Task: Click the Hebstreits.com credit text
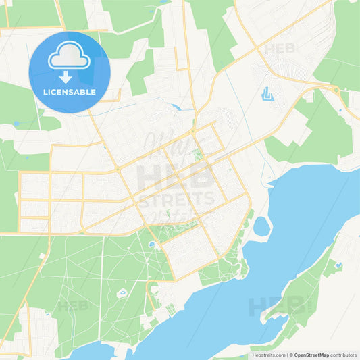point(260,355)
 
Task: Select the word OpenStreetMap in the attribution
point(312,355)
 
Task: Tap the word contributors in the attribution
point(344,355)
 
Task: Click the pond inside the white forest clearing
point(122,293)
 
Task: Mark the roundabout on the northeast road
point(336,90)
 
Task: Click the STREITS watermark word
point(176,199)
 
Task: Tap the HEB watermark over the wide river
point(277,307)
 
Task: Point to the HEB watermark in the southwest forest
point(74,306)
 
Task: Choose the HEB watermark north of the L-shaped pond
point(279,49)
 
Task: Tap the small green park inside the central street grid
point(197,155)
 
